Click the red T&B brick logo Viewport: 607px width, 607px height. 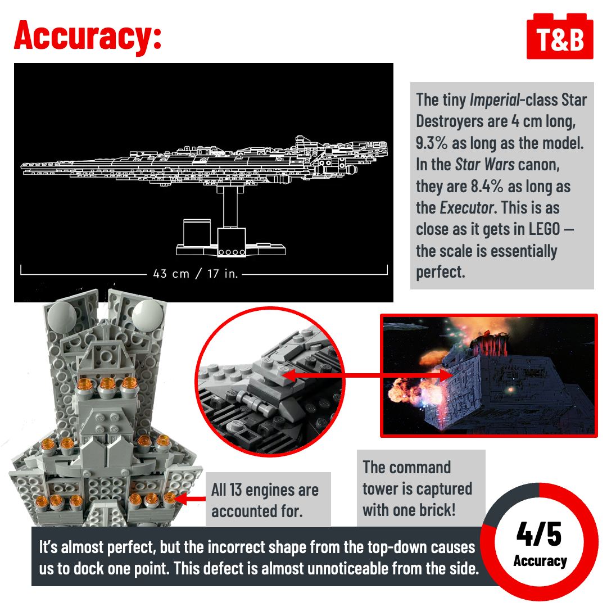point(560,37)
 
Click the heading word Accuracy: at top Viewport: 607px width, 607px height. point(88,35)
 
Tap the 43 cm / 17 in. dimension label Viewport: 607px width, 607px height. point(196,274)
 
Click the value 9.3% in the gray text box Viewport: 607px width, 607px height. point(432,143)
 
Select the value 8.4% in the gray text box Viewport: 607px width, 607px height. point(487,186)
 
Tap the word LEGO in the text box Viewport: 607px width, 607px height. point(544,229)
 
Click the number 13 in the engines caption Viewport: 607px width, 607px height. point(235,490)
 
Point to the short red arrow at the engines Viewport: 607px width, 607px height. point(190,499)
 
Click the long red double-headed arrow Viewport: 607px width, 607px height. point(368,375)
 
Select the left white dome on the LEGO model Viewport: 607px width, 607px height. point(62,316)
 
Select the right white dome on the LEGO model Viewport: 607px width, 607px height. point(147,314)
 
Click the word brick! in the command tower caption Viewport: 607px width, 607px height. point(436,510)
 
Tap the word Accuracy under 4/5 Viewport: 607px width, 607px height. point(540,560)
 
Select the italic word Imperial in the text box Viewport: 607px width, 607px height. point(495,100)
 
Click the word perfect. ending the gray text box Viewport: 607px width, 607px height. point(440,272)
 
